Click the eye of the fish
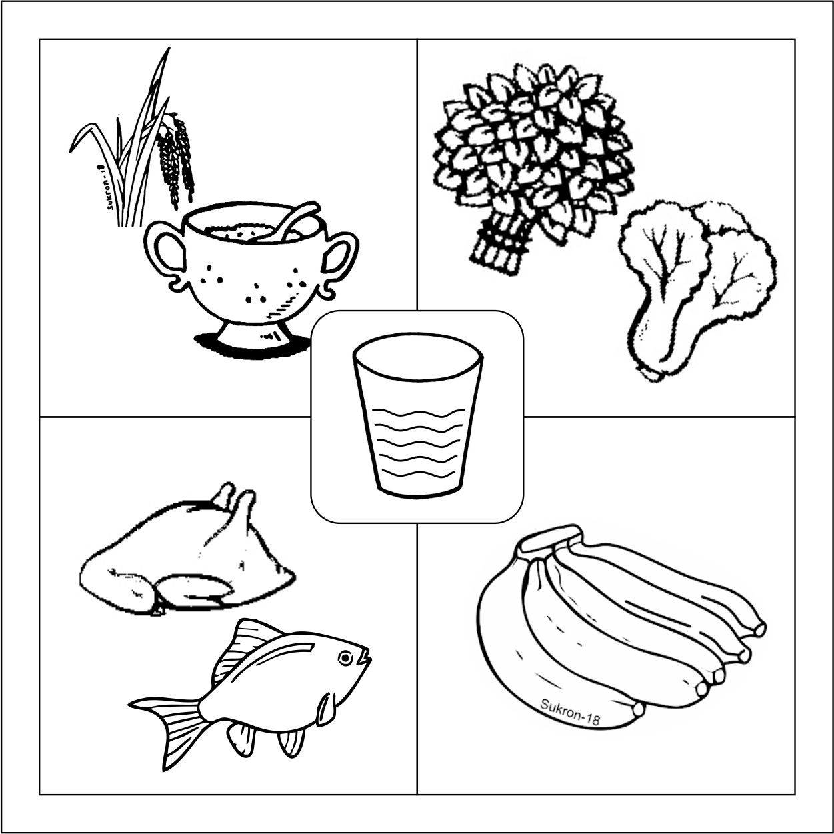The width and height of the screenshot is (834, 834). click(x=345, y=659)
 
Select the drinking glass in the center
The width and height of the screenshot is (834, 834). click(x=417, y=415)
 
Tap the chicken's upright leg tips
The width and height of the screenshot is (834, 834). click(x=235, y=498)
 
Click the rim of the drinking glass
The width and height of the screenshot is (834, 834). click(x=418, y=351)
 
